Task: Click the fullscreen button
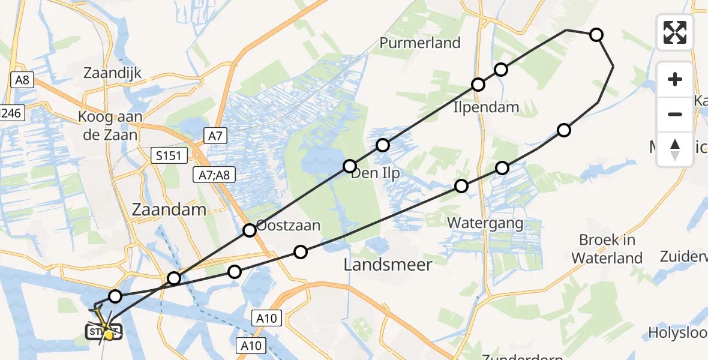675,32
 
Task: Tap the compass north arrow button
675,149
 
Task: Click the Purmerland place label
420,43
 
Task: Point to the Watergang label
486,224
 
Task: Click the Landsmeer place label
388,265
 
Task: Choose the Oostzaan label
288,226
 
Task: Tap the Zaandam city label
170,210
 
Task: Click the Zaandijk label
112,73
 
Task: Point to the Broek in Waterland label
607,249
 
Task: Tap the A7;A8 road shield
214,175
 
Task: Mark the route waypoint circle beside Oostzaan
250,230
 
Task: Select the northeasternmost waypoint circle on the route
596,35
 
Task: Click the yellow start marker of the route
108,335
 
